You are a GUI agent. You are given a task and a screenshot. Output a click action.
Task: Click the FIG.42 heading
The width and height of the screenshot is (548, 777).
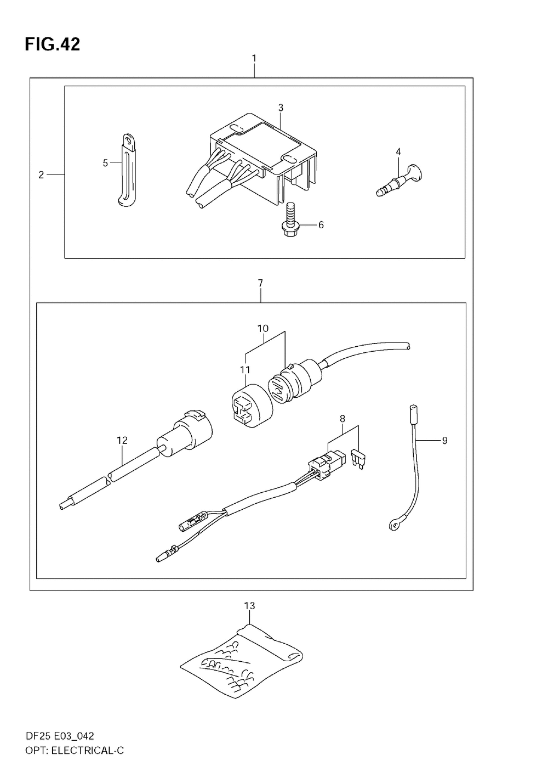click(x=52, y=44)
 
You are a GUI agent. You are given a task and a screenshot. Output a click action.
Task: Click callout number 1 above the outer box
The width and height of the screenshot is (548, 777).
click(x=254, y=58)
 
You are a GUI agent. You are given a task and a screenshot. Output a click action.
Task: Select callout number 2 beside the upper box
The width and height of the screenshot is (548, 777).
click(x=41, y=175)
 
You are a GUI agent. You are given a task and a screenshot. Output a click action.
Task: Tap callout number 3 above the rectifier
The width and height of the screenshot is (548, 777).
click(x=281, y=108)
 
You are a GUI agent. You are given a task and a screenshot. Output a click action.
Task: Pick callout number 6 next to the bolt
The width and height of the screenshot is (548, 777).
click(x=321, y=225)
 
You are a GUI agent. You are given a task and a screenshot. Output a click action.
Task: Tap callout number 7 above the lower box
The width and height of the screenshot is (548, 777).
click(x=260, y=283)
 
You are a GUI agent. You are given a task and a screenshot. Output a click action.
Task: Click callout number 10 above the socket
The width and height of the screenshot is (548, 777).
click(x=263, y=329)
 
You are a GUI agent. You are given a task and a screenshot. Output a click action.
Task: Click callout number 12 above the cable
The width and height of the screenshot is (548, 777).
click(x=122, y=440)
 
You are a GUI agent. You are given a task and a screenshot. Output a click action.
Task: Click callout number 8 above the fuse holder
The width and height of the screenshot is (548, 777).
click(x=342, y=419)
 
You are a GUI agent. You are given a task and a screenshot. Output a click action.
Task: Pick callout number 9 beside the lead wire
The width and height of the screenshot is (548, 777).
click(x=444, y=440)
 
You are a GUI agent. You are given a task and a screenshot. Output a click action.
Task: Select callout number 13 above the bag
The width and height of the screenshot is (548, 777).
click(x=249, y=606)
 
